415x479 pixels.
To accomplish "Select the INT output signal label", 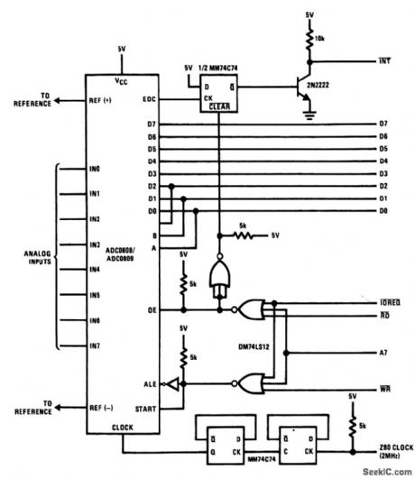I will (x=383, y=61).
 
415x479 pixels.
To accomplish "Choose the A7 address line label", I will (x=383, y=352).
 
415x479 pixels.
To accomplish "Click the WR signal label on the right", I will (x=383, y=389).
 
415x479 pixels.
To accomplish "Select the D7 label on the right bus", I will (x=383, y=124).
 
